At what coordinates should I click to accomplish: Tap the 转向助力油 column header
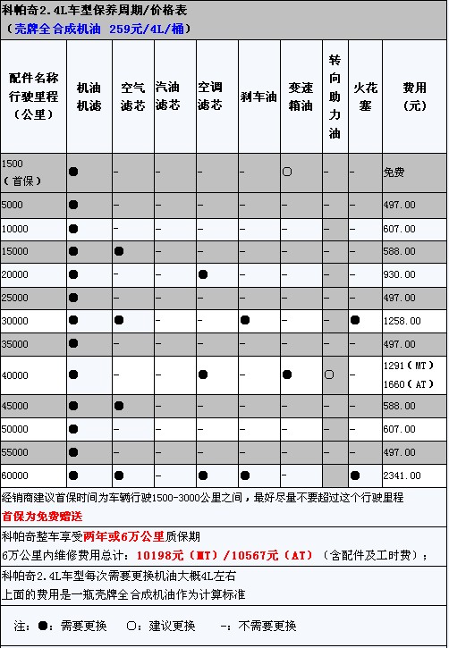click(335, 96)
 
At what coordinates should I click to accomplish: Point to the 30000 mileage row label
click(16, 320)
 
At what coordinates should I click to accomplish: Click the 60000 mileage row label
click(16, 475)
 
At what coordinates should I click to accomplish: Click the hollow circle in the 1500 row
click(287, 171)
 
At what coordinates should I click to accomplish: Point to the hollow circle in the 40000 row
click(329, 374)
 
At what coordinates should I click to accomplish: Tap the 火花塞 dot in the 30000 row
click(356, 320)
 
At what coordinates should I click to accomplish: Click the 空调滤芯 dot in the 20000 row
click(203, 274)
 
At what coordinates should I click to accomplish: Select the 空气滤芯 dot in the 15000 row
click(118, 251)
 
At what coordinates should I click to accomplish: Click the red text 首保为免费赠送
click(42, 516)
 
